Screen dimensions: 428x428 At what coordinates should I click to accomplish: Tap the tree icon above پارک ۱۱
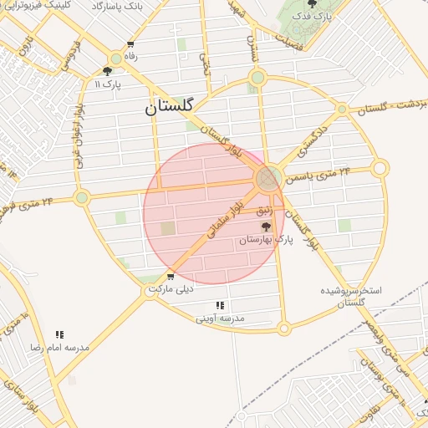point(108,72)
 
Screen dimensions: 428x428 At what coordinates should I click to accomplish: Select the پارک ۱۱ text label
point(108,84)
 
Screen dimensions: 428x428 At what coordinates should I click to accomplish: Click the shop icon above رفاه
point(130,44)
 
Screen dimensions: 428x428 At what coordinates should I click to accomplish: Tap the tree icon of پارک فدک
point(313,4)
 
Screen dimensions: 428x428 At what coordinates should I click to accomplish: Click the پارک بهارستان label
point(267,239)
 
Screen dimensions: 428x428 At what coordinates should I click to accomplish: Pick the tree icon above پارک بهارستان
point(267,227)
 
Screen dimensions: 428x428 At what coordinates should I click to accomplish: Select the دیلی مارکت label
point(171,289)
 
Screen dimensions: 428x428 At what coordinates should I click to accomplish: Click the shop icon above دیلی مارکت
point(171,277)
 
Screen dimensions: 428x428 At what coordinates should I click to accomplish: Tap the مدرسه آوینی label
point(220,318)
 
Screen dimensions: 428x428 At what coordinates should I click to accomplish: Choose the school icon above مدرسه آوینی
point(220,306)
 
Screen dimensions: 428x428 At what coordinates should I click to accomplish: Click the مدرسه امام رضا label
point(59,346)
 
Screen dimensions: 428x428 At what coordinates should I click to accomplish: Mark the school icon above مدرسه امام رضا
point(59,334)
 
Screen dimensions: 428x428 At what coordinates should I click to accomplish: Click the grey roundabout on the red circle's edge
point(267,178)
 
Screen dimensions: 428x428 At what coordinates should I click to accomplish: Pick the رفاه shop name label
point(130,56)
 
